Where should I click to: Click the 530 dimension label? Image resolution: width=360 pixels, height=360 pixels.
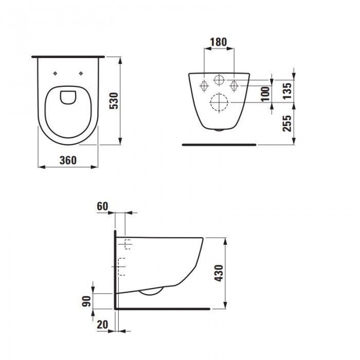click(114, 101)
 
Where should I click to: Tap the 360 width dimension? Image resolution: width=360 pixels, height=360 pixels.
click(68, 160)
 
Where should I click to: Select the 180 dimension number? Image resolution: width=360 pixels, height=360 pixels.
click(219, 42)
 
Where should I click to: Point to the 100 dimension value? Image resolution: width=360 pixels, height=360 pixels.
click(266, 94)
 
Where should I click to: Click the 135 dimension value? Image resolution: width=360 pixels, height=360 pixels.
click(287, 91)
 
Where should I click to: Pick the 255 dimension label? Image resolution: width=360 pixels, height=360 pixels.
click(287, 123)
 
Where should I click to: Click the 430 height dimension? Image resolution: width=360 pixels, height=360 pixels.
click(219, 273)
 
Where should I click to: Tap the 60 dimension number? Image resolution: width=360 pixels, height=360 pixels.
click(102, 206)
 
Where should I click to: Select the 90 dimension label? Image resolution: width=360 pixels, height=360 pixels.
click(86, 301)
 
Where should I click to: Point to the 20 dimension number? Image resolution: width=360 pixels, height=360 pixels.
click(102, 325)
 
